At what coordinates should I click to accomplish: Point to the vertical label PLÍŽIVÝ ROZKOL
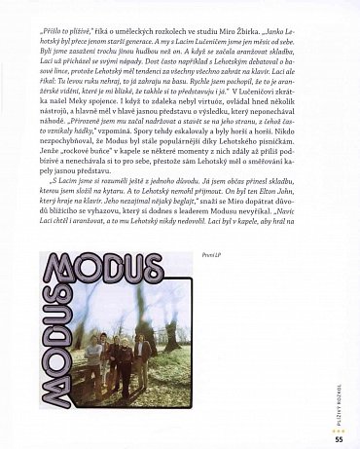(339, 390)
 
